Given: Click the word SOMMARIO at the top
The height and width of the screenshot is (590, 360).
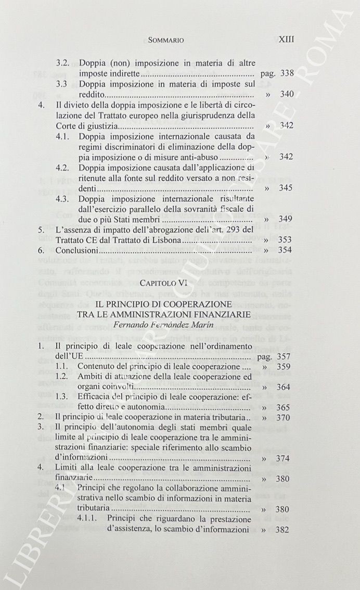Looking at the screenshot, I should pyautogui.click(x=166, y=40).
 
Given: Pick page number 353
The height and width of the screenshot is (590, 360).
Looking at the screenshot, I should pyautogui.click(x=286, y=240).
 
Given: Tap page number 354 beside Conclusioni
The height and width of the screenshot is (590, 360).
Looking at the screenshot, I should pyautogui.click(x=286, y=250).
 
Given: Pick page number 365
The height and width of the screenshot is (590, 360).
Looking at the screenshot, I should pyautogui.click(x=286, y=407).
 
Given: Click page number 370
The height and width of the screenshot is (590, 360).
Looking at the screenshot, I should pyautogui.click(x=286, y=417).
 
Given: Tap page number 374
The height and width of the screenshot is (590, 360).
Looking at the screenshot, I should pyautogui.click(x=286, y=458).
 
